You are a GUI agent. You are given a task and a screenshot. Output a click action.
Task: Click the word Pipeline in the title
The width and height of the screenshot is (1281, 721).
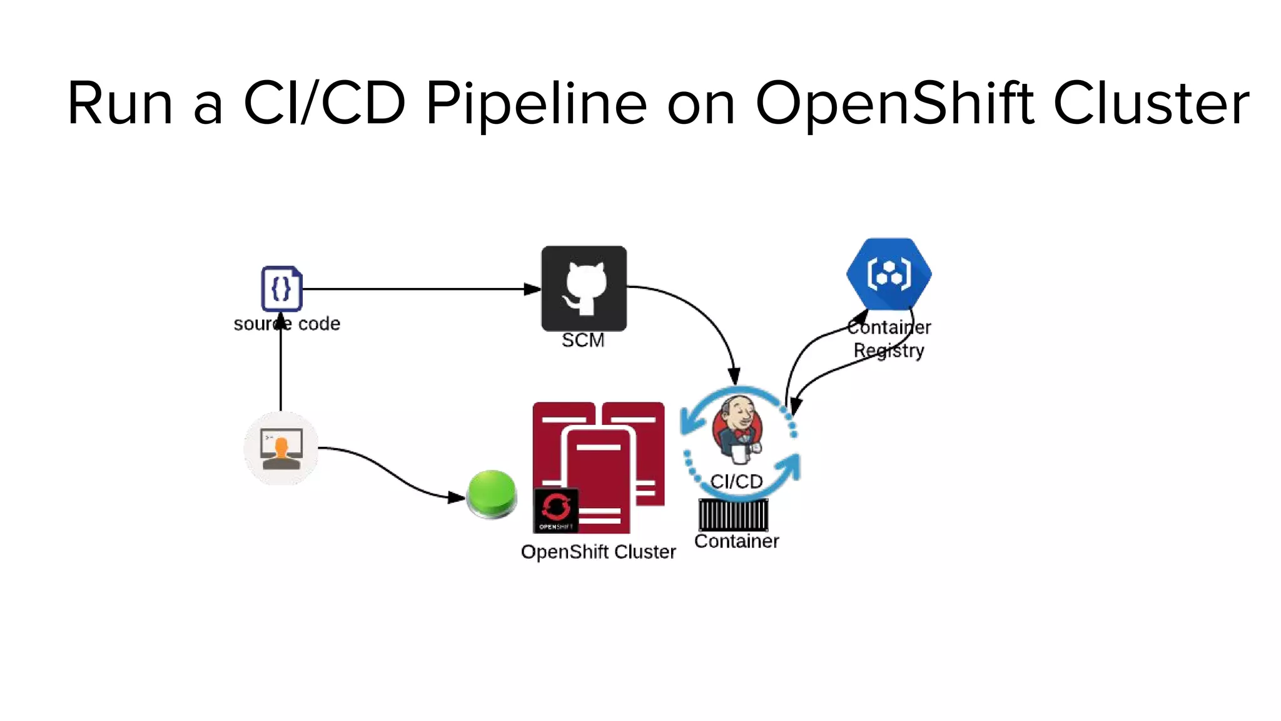[x=536, y=103]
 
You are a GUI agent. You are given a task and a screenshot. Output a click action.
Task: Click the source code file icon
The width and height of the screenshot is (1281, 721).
[x=281, y=289]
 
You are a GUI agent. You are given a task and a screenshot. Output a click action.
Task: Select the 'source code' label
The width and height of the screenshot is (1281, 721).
[x=287, y=324]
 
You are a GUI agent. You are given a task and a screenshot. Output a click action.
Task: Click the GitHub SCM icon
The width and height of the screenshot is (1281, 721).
[x=584, y=289]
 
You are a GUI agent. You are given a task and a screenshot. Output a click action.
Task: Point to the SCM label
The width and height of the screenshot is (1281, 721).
[x=583, y=340]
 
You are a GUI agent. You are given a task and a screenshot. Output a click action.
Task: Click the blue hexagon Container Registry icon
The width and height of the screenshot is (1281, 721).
[x=889, y=274]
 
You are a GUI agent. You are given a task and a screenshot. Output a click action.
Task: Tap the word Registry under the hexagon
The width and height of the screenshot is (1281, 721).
[x=889, y=350]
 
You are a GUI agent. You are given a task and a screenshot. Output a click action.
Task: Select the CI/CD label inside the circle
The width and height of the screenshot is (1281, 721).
[x=736, y=481]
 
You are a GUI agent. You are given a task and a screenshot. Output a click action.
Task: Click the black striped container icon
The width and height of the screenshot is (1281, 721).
[x=733, y=514]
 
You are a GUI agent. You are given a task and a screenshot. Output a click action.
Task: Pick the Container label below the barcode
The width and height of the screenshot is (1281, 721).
[x=736, y=541]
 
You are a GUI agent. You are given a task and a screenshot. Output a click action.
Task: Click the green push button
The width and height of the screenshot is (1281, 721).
[x=492, y=493]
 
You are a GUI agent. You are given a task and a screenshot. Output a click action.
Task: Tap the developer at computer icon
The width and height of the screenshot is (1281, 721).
[x=281, y=447]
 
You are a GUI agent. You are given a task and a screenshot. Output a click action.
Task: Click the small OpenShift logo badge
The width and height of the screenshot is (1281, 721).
[x=556, y=510]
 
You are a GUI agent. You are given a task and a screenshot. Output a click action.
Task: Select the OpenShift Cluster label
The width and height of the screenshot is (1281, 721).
[x=598, y=552]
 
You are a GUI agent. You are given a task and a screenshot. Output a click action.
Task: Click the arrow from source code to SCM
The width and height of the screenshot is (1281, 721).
[x=413, y=289]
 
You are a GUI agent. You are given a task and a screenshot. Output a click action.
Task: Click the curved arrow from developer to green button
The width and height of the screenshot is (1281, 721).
[x=388, y=473]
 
